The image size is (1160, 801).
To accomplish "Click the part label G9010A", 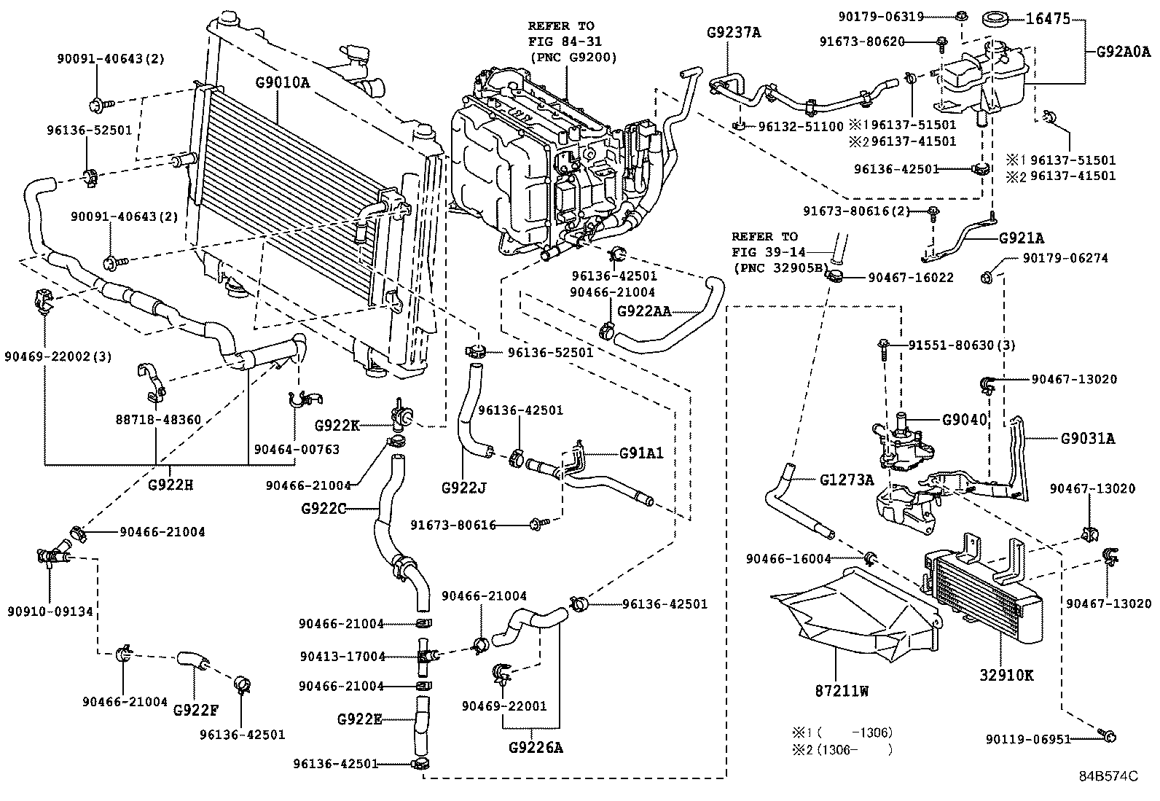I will pyautogui.click(x=282, y=82).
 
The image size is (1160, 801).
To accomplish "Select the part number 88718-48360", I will pyautogui.click(x=157, y=421).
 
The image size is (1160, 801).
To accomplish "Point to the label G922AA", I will pyautogui.click(x=644, y=310).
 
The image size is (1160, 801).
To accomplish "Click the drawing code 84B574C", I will pyautogui.click(x=1108, y=776).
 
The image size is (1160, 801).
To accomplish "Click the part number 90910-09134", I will pyautogui.click(x=50, y=612).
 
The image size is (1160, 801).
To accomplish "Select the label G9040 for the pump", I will pyautogui.click(x=964, y=420).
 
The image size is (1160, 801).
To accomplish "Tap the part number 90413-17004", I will pyautogui.click(x=342, y=656).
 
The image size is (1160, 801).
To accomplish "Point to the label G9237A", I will pyautogui.click(x=734, y=32).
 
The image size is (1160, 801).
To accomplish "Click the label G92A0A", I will pyautogui.click(x=1124, y=51).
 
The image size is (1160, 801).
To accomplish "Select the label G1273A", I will pyautogui.click(x=847, y=480).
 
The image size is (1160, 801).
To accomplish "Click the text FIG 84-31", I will pyautogui.click(x=562, y=42).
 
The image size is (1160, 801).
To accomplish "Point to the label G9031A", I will pyautogui.click(x=1087, y=439).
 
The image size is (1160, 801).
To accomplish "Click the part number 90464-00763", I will pyautogui.click(x=297, y=450).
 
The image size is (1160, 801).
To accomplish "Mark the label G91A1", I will pyautogui.click(x=641, y=453).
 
